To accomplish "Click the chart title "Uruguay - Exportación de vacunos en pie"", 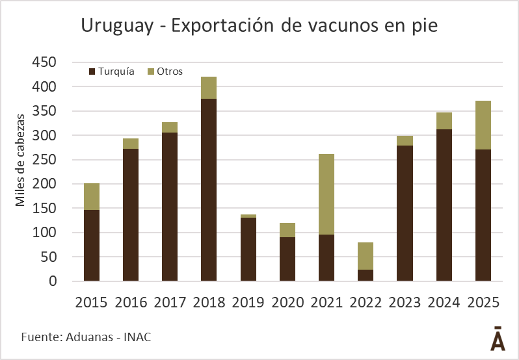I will [259, 26].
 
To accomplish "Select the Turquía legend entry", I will [111, 71].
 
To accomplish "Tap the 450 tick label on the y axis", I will [44, 62].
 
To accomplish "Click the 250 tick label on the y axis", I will [44, 160].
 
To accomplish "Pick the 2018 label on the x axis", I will [209, 303].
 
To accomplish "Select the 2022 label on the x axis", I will [366, 303].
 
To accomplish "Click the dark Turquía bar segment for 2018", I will [209, 190].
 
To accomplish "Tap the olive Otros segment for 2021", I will [326, 194].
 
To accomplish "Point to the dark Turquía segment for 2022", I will [366, 275].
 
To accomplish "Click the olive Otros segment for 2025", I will [483, 125].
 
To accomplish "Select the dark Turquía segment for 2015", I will [92, 245].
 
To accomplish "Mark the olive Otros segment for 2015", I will [92, 196].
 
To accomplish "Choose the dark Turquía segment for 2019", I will [248, 249].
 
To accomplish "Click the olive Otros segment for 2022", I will [366, 256].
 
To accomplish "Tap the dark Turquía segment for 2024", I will [444, 205].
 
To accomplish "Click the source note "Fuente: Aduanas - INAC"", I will [81, 337].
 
